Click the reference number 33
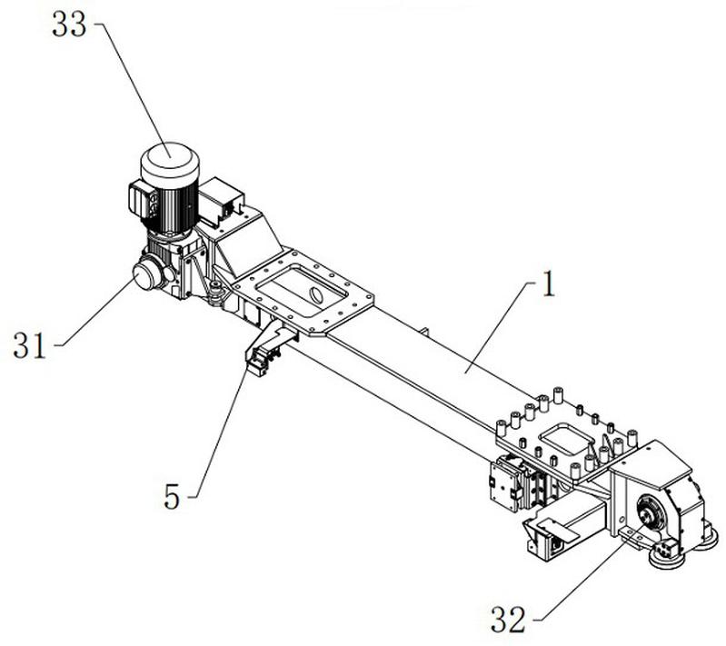pos(69,25)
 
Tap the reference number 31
pos(30,346)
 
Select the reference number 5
pos(172,496)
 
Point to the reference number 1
pos(548,283)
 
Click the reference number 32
pos(509,620)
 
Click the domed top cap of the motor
pos(170,161)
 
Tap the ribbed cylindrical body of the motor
pos(170,207)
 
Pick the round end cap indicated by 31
pos(146,274)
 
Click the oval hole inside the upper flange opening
pos(315,294)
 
